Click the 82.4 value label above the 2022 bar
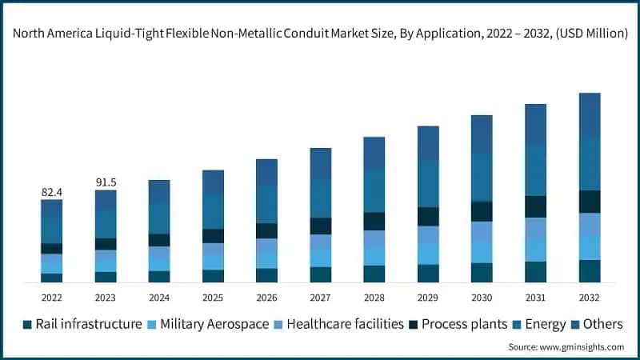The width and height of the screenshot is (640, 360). [x=52, y=193]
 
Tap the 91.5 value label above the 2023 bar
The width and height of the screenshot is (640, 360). [x=106, y=182]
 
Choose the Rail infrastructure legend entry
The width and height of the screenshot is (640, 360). [x=82, y=324]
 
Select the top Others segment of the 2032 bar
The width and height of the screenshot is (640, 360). [x=590, y=114]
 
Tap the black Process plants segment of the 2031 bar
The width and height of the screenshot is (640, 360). [x=535, y=206]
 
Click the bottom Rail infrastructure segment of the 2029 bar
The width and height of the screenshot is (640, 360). [x=428, y=273]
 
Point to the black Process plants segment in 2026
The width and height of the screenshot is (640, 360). [x=266, y=230]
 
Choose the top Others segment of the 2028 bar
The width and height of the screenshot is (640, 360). [x=374, y=152]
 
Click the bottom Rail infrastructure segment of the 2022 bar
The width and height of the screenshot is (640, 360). [x=52, y=278]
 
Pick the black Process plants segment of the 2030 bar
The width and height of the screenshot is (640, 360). [x=482, y=211]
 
